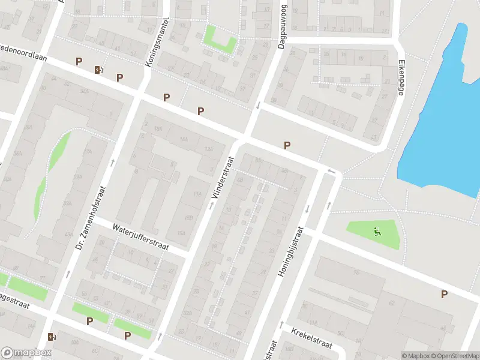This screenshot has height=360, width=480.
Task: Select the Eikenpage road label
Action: [x=401, y=77]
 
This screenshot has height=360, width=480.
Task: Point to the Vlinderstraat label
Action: [x=222, y=179]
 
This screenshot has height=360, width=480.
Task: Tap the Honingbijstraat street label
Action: [x=291, y=251]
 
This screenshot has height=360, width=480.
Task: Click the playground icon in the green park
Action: [x=377, y=232]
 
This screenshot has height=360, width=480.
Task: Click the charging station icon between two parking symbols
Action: [x=98, y=70]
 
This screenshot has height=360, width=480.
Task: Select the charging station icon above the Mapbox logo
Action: [x=52, y=337]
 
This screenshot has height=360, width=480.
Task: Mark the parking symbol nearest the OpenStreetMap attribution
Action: [x=445, y=294]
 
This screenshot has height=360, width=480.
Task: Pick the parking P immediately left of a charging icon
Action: [x=79, y=61]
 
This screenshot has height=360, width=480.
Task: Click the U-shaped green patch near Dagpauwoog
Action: [x=218, y=38]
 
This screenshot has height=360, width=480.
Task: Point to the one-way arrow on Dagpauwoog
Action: [x=258, y=106]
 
